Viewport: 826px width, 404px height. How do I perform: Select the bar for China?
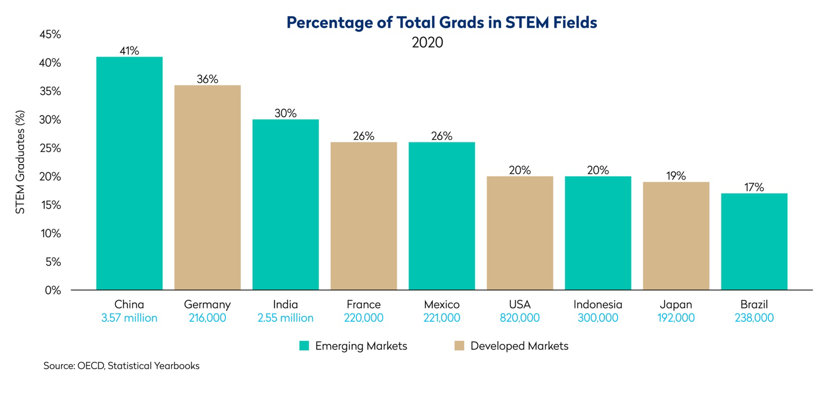[x=129, y=173]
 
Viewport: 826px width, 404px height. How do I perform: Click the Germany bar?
[x=207, y=187]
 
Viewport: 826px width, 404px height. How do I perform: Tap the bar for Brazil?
[x=754, y=241]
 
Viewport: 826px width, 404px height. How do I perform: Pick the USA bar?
[x=519, y=233]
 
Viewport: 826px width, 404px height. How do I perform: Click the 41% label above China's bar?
[x=129, y=51]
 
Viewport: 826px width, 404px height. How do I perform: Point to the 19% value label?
[x=676, y=176]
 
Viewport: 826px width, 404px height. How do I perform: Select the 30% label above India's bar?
[x=285, y=113]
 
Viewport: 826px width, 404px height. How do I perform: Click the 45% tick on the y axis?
[x=50, y=35]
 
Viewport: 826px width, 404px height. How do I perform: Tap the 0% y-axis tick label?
[x=52, y=290]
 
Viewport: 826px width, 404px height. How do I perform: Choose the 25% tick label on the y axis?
[x=50, y=148]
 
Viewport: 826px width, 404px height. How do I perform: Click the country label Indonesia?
[x=597, y=304]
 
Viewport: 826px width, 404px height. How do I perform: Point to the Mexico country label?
[x=441, y=304]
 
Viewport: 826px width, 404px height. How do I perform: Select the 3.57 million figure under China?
[x=129, y=318]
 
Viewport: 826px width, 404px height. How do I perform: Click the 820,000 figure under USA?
[x=519, y=318]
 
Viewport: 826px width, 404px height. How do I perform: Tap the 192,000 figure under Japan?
[x=676, y=318]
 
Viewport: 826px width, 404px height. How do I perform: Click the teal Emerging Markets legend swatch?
[x=304, y=346]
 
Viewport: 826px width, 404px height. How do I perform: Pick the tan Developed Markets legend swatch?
[x=459, y=346]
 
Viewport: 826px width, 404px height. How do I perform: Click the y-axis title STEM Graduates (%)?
[x=20, y=162]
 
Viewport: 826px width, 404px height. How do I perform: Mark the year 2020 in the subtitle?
[x=427, y=42]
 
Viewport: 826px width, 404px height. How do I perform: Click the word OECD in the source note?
[x=91, y=366]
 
